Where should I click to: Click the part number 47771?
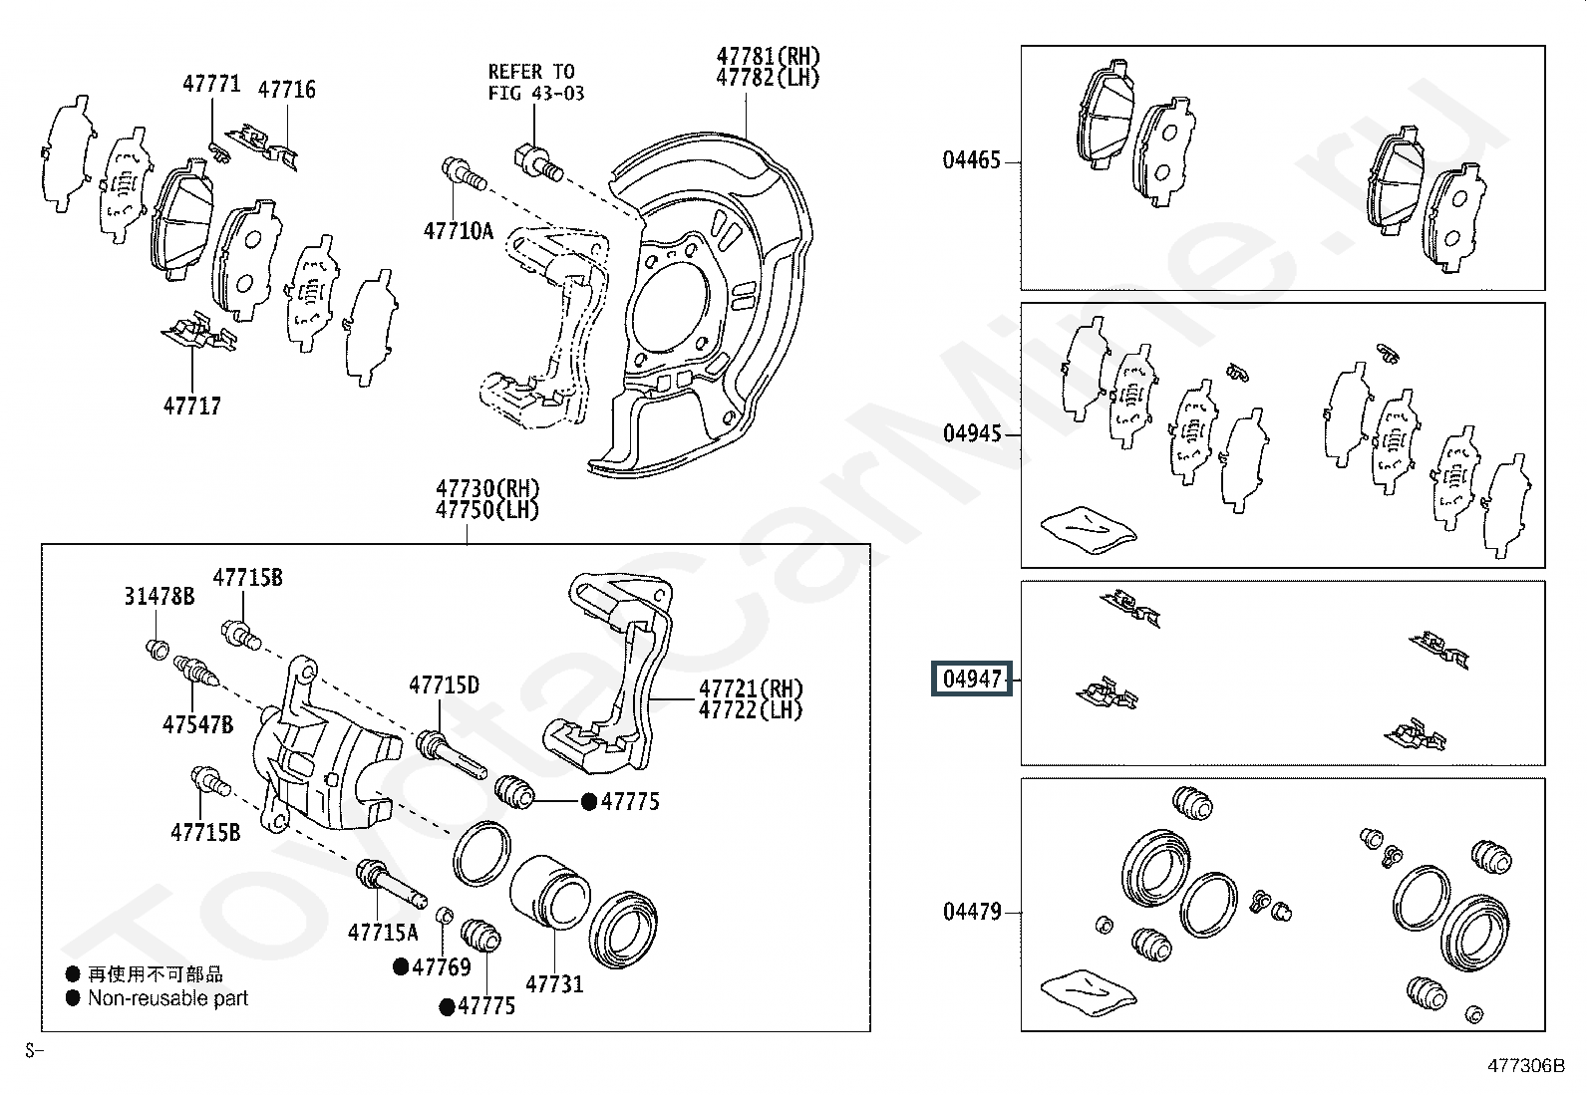click(x=211, y=84)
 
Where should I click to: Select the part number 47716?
click(x=286, y=90)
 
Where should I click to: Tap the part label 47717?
click(x=192, y=406)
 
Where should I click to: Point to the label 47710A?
click(x=459, y=231)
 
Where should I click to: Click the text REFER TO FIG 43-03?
click(x=535, y=82)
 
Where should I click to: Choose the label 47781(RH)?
click(x=768, y=56)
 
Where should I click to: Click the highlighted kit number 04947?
click(x=971, y=680)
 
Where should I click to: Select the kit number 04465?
click(x=971, y=160)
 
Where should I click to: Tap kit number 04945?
click(x=971, y=433)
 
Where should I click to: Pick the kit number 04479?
click(x=971, y=912)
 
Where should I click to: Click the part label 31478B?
click(x=159, y=597)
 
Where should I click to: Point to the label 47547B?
click(x=197, y=724)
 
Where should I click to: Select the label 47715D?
click(x=445, y=684)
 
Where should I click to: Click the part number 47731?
click(x=554, y=983)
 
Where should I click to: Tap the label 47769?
click(x=442, y=966)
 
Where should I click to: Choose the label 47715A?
click(x=383, y=933)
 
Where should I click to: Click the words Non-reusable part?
click(x=167, y=998)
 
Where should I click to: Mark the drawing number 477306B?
click(x=1526, y=1066)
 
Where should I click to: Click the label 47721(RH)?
click(x=751, y=688)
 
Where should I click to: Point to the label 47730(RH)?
click(x=487, y=488)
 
